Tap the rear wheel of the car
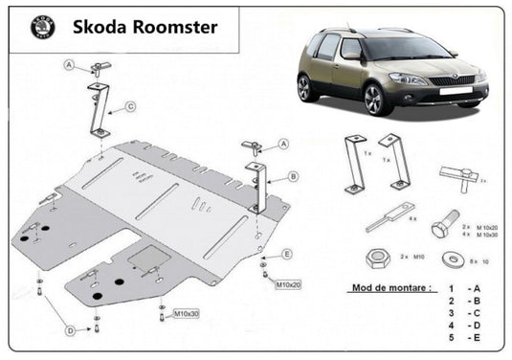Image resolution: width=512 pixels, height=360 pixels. [x=305, y=89]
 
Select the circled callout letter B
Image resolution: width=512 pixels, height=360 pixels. [x=293, y=176]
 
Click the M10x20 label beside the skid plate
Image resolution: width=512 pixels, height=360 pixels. [x=288, y=284]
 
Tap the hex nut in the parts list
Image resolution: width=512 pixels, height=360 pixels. [x=377, y=259]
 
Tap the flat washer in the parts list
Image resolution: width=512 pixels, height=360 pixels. [x=450, y=259]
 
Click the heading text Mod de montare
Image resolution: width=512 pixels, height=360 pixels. [x=386, y=287]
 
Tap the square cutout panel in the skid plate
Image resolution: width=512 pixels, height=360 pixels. [x=149, y=257]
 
